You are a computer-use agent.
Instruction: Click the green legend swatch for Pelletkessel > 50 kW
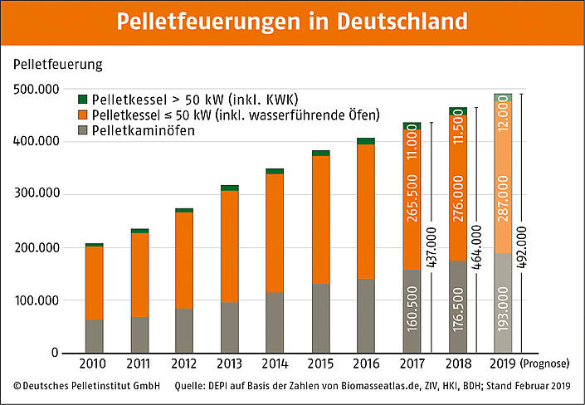click(81, 99)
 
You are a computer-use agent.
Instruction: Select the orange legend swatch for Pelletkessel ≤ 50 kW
click(81, 115)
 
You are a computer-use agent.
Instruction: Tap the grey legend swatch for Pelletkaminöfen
click(81, 130)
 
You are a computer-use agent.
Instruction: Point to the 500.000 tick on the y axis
click(37, 89)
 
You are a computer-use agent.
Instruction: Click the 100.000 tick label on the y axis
click(37, 300)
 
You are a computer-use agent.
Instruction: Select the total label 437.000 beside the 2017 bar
click(431, 248)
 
